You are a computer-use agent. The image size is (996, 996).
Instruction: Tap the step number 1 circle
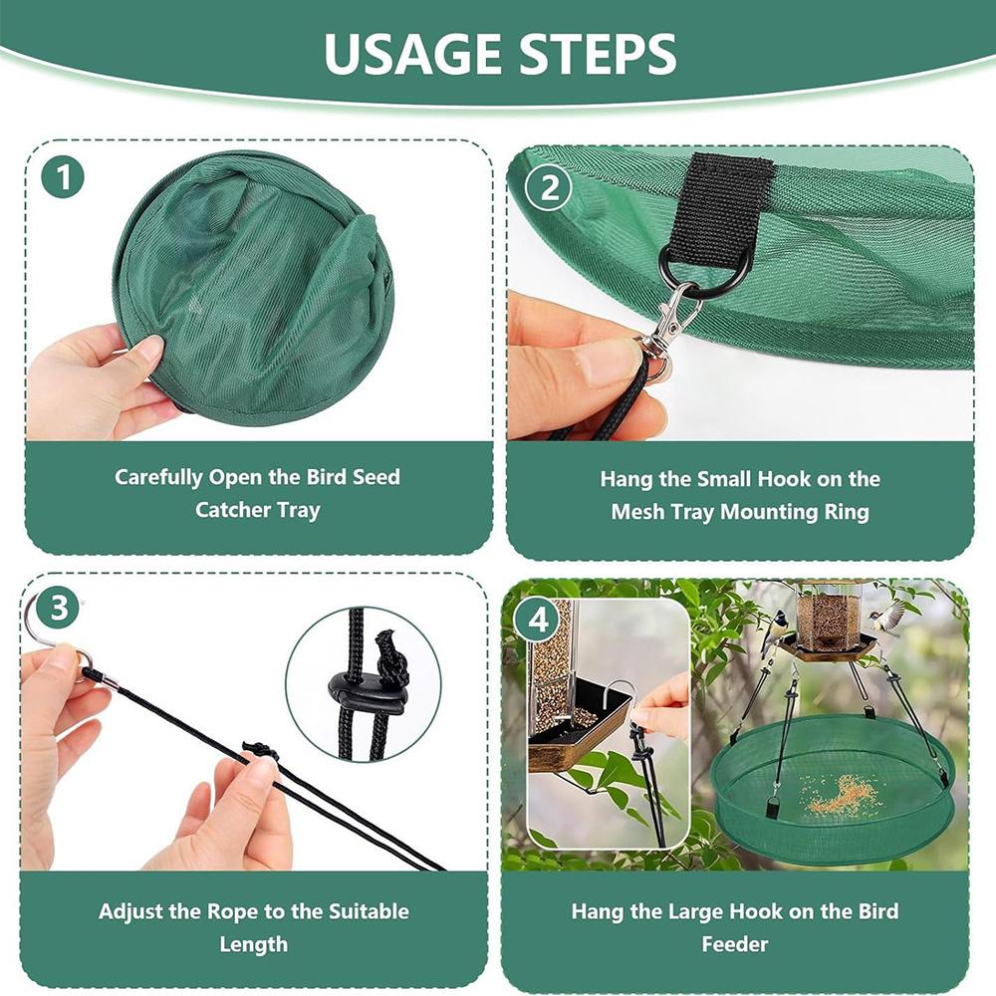pyautogui.click(x=64, y=178)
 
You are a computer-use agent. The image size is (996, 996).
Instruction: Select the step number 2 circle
pyautogui.click(x=548, y=186)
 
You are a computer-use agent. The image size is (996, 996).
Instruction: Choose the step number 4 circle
pyautogui.click(x=539, y=620)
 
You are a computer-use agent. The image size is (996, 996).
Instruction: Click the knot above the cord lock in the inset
pyautogui.click(x=391, y=657)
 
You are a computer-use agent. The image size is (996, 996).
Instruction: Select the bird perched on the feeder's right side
pyautogui.click(x=889, y=618)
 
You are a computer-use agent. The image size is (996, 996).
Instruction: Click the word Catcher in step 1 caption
pyautogui.click(x=237, y=510)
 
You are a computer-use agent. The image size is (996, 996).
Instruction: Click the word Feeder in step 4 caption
pyautogui.click(x=735, y=943)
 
